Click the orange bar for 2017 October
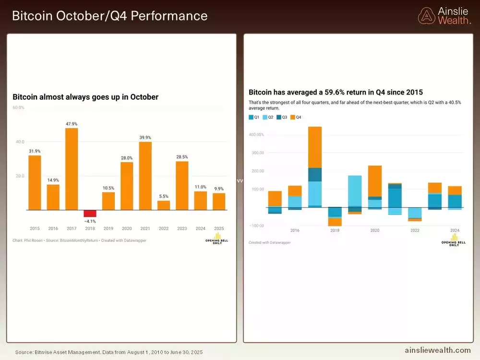tap(72, 169)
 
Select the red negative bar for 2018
tap(90, 214)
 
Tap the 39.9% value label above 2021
tap(145, 137)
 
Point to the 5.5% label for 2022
tap(164, 196)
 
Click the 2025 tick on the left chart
tap(219, 228)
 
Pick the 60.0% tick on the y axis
tap(18, 108)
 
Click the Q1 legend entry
tap(254, 117)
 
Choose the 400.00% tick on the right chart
tap(256, 135)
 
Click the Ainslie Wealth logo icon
tap(426, 16)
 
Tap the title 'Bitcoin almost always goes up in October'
tap(85, 97)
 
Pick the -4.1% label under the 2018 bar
tap(90, 222)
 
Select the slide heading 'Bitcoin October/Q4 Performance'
tap(110, 16)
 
